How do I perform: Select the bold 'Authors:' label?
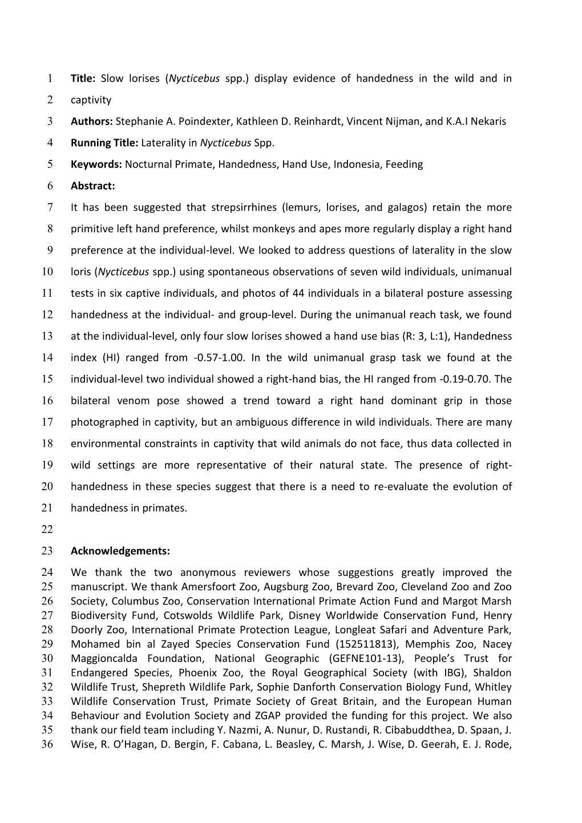(92, 121)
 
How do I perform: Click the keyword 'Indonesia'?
(357, 164)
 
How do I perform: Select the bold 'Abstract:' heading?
(93, 185)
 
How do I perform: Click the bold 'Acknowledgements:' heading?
(120, 551)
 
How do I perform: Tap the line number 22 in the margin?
(47, 530)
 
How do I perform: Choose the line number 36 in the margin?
(47, 744)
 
